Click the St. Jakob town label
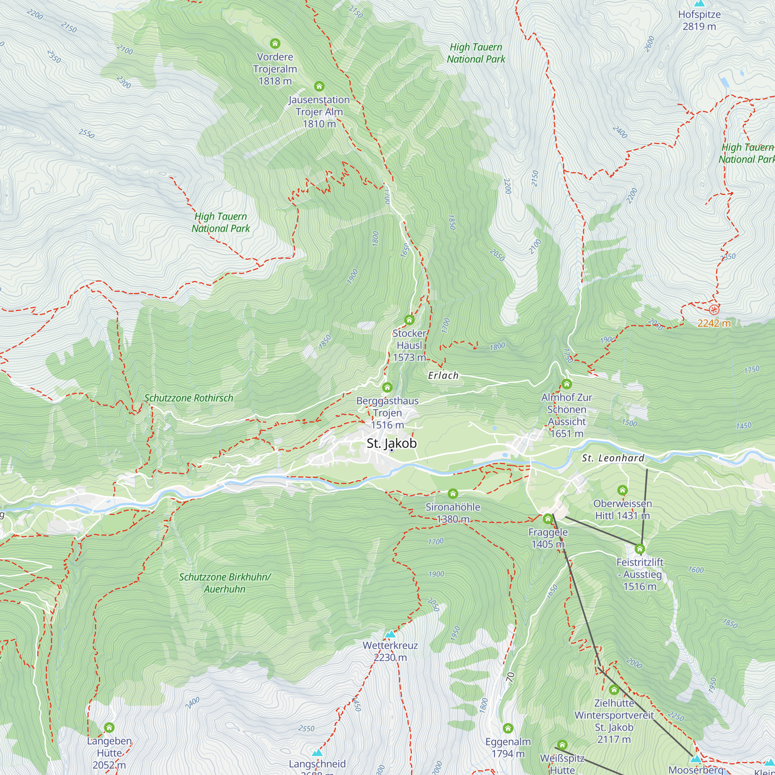point(391,443)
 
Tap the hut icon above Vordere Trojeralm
point(275,43)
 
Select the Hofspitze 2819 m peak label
point(699,21)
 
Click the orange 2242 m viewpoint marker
point(714,309)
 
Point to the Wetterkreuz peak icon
point(390,634)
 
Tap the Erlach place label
point(443,375)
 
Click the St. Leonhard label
point(613,458)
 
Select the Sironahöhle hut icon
point(453,493)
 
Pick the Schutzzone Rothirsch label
point(189,398)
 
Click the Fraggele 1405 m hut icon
point(548,519)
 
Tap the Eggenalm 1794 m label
point(508,747)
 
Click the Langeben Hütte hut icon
point(109,727)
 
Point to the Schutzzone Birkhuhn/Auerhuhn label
point(225,583)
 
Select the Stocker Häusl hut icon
point(409,320)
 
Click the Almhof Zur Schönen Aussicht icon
point(567,384)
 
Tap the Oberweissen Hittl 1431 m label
point(622,510)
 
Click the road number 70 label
point(510,677)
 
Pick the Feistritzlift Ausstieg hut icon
point(640,548)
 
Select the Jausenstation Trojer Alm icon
point(319,86)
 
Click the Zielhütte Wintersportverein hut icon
point(614,690)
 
